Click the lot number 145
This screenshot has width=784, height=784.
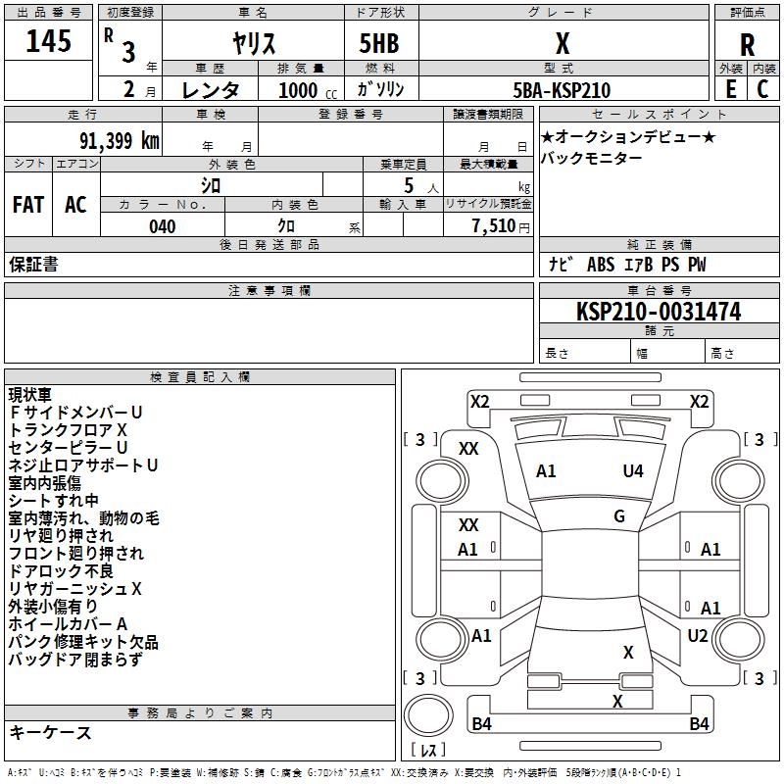click(x=48, y=42)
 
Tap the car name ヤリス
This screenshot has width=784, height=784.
click(x=252, y=43)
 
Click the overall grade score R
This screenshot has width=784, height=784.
click(x=747, y=45)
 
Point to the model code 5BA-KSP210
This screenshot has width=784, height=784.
click(x=562, y=90)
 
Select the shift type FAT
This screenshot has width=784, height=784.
click(x=27, y=205)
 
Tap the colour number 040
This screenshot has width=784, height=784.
click(x=162, y=226)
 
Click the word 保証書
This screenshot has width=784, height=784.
click(x=33, y=265)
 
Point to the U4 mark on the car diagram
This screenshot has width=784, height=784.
click(x=633, y=471)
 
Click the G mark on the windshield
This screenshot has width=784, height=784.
click(x=619, y=516)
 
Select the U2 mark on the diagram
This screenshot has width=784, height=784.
click(x=697, y=636)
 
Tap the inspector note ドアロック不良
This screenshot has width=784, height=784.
click(x=61, y=571)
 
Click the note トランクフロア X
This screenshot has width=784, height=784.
click(x=68, y=430)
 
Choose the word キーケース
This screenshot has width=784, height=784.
click(x=50, y=733)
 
